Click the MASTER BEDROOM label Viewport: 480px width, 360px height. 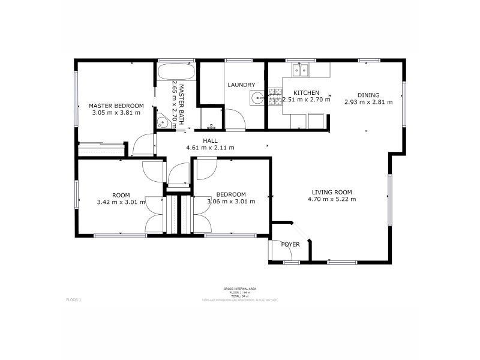pos(116,106)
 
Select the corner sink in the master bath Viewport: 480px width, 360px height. pos(161,122)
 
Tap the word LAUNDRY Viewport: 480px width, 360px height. pos(241,85)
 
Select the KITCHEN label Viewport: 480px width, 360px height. pos(305,93)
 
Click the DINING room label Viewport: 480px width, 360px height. pos(368,95)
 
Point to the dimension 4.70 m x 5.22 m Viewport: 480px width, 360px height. pos(332,199)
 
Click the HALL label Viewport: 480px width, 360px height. pos(209,140)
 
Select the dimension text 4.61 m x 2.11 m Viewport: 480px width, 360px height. pos(209,148)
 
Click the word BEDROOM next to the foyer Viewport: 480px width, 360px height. pos(231,194)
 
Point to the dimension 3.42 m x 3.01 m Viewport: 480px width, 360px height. pos(121,202)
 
